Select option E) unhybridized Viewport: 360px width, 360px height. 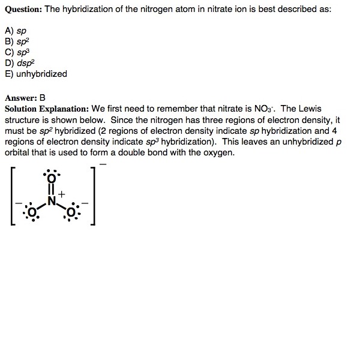36,74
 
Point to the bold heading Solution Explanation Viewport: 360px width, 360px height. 47,109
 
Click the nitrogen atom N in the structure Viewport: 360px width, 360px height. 52,202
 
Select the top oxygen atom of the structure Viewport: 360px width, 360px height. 51,179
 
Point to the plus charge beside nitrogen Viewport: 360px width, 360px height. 61,194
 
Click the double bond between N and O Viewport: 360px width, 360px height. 51,190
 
